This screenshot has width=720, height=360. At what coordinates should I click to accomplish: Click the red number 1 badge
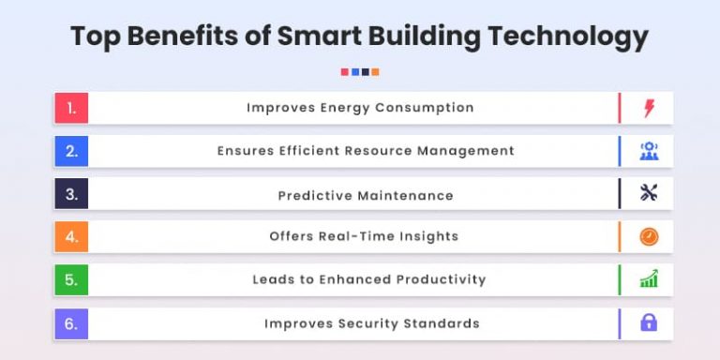tap(71, 108)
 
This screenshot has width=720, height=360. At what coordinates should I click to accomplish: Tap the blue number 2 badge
tap(71, 151)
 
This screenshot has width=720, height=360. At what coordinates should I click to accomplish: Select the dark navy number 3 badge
tap(71, 194)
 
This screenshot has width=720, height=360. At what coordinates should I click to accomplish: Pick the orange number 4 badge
tap(71, 236)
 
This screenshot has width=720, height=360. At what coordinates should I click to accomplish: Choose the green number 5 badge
tap(71, 279)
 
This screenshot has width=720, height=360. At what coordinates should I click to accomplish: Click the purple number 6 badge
tap(71, 323)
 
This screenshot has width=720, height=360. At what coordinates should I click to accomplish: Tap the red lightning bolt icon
tap(649, 108)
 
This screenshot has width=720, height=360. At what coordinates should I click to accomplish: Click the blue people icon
tap(649, 151)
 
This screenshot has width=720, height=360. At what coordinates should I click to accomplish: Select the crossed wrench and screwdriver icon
tap(649, 194)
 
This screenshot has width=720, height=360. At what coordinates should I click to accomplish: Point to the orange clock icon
tap(649, 237)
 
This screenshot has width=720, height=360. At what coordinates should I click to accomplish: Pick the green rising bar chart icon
tap(649, 279)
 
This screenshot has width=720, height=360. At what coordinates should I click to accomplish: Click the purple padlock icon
tap(649, 323)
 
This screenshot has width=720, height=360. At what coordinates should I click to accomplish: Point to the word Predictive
tap(314, 196)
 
